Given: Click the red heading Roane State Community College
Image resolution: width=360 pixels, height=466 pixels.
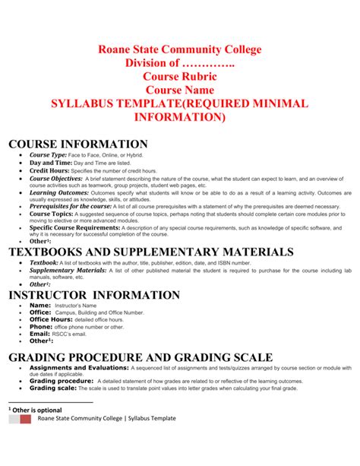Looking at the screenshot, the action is coord(179,50).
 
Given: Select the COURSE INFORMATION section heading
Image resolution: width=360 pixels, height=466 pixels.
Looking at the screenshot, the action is coord(77,144).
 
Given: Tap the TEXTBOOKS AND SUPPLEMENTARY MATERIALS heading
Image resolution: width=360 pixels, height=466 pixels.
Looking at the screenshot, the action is coord(150,252).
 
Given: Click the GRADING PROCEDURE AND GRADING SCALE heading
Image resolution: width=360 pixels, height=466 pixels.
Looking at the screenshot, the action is coord(140,357).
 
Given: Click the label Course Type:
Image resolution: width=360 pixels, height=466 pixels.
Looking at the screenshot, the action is coord(49,155).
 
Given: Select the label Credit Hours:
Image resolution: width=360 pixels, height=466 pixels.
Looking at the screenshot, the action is coord(49,171).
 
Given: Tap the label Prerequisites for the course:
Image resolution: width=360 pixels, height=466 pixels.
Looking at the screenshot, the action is coord(71,206).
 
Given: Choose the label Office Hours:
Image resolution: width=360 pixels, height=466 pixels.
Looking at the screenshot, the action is coord(51,319).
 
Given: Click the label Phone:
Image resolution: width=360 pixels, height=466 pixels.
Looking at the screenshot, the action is coord(41,327).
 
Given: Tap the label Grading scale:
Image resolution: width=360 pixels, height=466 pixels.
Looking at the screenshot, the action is coord(52,388).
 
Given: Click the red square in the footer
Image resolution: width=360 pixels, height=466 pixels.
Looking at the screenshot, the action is coord(26,418).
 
